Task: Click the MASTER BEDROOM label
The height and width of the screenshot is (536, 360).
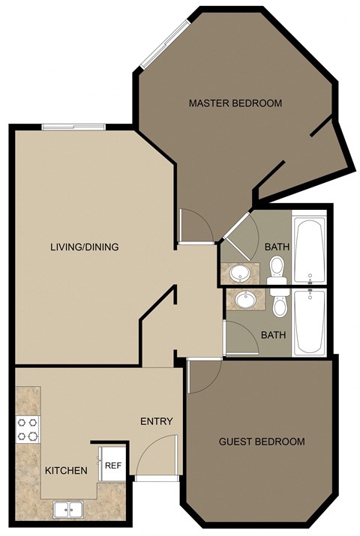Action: point(235,103)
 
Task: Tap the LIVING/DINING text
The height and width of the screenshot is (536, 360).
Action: point(85,247)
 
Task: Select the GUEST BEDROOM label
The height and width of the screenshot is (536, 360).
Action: point(262,442)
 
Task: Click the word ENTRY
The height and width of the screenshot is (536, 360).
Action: point(157,421)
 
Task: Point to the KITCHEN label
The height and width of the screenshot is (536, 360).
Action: point(66,471)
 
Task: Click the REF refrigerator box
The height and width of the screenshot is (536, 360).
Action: point(113,466)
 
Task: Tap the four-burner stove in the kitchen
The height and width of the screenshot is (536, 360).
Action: point(28,430)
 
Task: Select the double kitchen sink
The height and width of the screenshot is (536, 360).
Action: point(69,509)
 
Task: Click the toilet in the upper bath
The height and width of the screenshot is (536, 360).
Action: point(276,269)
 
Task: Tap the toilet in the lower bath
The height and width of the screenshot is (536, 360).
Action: point(280,304)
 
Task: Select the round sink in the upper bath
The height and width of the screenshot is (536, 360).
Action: point(241,272)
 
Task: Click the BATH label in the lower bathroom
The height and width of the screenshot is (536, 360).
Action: point(273,334)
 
